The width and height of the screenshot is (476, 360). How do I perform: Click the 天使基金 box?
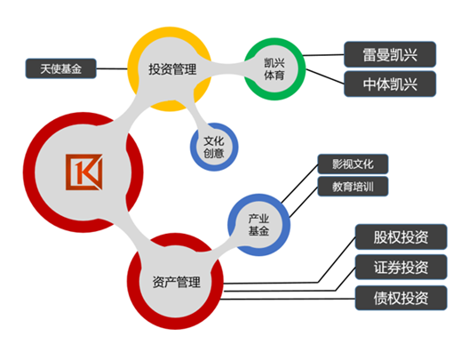point(60,68)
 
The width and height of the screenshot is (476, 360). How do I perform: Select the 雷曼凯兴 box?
point(390,54)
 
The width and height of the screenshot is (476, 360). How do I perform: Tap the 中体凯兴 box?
point(390,84)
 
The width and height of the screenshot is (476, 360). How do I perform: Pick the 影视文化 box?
point(353,164)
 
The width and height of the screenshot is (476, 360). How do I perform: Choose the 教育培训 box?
point(353,187)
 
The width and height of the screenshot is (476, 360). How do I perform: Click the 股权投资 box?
point(401,237)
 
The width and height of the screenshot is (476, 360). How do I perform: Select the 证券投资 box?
point(401,267)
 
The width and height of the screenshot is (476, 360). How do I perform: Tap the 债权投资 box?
point(401,298)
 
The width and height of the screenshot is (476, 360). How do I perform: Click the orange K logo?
point(84,172)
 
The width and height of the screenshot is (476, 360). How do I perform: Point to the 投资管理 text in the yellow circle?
point(172,69)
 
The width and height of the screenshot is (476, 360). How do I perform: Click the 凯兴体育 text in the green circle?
point(274,69)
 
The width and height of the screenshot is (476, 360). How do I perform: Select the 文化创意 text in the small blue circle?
point(214,147)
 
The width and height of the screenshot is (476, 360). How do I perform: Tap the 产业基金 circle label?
point(258,225)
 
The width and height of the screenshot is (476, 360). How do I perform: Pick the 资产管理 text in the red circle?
point(176,282)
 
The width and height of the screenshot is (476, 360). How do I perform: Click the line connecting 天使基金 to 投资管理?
point(112,68)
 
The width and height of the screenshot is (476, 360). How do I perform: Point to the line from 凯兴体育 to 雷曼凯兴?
point(323,55)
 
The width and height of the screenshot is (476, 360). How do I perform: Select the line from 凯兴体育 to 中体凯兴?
point(325,76)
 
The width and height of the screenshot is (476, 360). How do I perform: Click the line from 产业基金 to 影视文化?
point(299,183)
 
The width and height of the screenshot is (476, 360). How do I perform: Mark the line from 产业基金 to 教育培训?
point(304,202)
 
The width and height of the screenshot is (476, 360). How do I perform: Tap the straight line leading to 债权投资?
point(288,299)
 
